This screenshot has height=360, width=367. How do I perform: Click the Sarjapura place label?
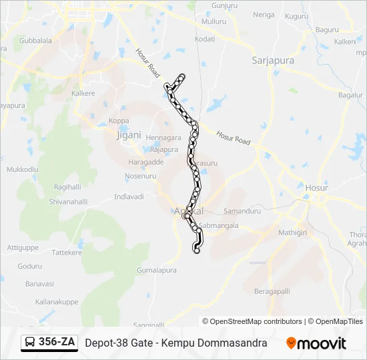(273, 60)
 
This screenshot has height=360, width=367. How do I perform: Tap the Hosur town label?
(313, 187)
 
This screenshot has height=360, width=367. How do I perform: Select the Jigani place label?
(129, 134)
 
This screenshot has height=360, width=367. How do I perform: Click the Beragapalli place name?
(272, 291)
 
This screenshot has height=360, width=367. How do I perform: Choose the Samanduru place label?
(242, 210)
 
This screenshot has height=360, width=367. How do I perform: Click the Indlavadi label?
(129, 197)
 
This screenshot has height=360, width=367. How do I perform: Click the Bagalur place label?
(350, 95)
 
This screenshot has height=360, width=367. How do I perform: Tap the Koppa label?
(119, 121)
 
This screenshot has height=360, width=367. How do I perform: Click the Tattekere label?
(67, 253)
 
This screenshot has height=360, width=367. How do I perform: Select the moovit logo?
(316, 343)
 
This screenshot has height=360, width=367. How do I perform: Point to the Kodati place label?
(205, 39)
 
